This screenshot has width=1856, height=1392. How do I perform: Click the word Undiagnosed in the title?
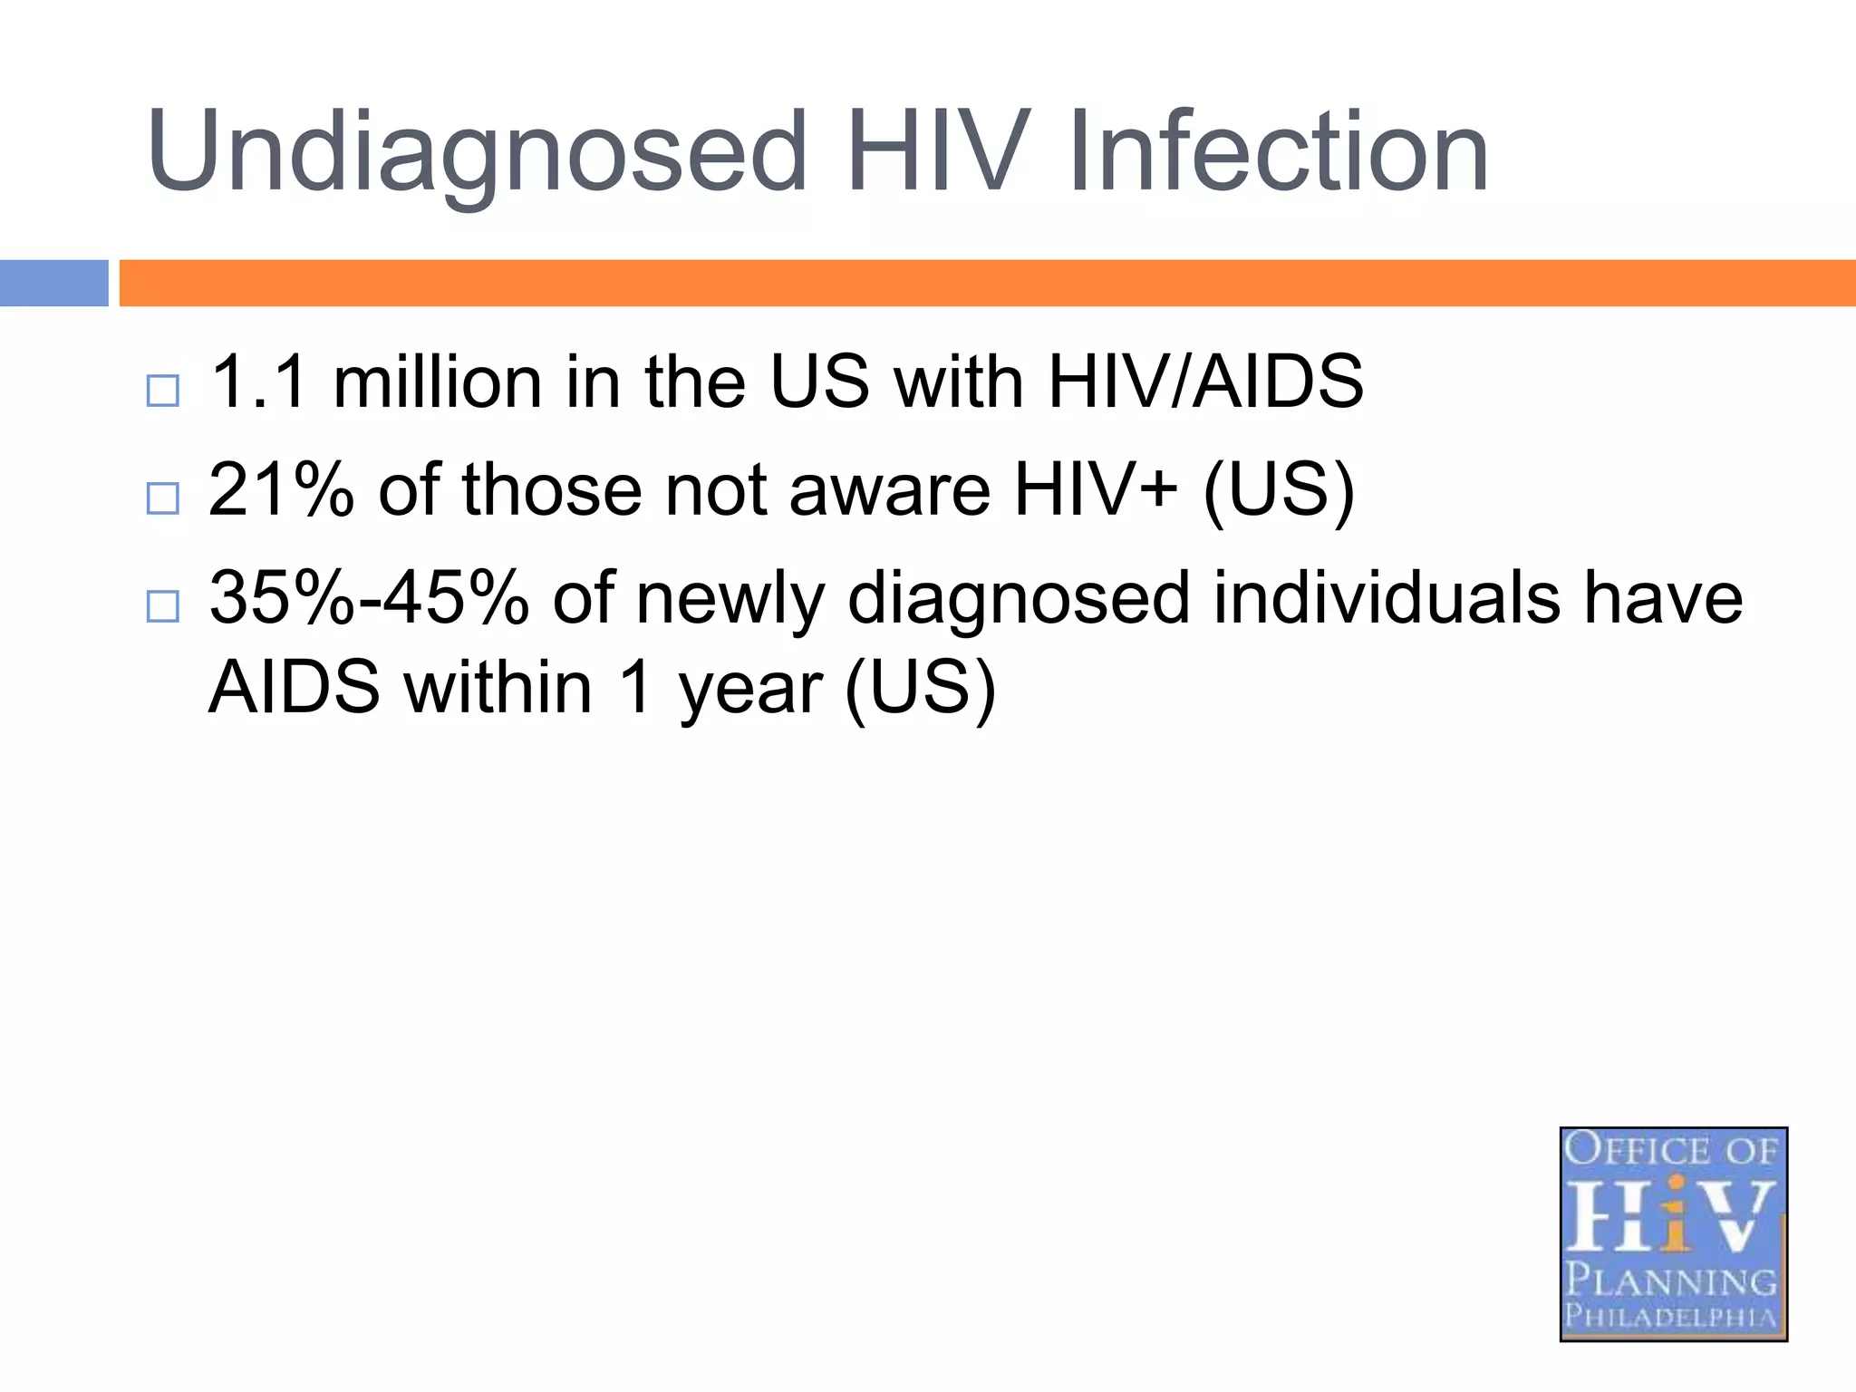[476, 152]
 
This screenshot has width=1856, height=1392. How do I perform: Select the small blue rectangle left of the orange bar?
[53, 283]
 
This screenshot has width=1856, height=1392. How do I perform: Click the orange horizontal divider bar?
[986, 283]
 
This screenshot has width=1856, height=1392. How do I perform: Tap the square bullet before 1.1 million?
[163, 391]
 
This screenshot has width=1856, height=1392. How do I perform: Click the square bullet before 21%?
[163, 498]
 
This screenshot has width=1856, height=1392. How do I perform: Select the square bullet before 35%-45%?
[163, 606]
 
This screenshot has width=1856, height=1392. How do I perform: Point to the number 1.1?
[258, 382]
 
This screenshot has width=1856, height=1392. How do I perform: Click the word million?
[438, 382]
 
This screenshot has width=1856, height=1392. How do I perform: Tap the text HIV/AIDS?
[1204, 382]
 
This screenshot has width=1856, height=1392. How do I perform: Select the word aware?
[889, 490]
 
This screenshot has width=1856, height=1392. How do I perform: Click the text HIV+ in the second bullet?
[1096, 490]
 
